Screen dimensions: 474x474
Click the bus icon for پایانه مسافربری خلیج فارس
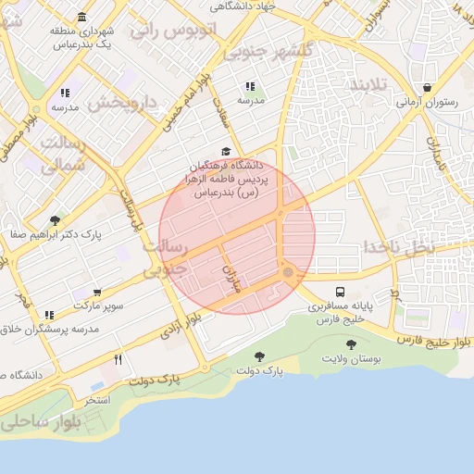[341, 291]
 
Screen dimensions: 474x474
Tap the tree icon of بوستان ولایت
[351, 344]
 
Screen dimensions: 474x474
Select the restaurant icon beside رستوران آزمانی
[426, 88]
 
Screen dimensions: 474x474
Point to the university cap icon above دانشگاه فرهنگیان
[226, 152]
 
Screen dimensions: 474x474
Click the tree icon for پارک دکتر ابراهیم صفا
[55, 220]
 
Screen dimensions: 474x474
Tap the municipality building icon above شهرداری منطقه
[83, 18]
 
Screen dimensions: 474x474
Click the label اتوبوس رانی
[172, 30]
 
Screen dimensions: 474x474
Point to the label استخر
[97, 400]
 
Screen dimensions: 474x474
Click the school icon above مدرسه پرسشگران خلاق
[49, 315]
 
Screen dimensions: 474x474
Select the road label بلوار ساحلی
[42, 422]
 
